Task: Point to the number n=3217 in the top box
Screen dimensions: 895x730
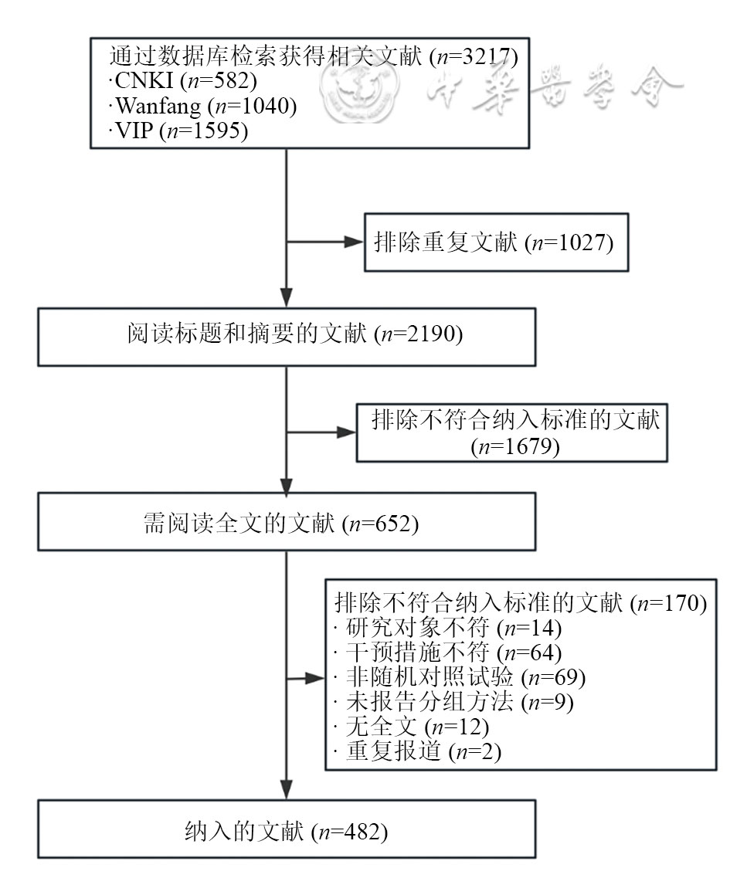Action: pos(479,56)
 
